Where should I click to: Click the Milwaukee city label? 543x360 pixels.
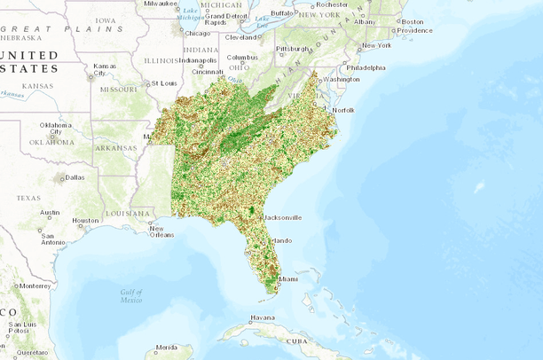tap(160, 4)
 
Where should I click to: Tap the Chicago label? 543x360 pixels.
tap(198, 34)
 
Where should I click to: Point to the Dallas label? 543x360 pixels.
tap(75, 176)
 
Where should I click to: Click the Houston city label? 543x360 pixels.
tap(86, 220)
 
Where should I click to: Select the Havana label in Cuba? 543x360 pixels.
tap(263, 317)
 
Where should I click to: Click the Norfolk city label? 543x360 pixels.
tap(342, 109)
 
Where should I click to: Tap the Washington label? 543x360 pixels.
tap(342, 79)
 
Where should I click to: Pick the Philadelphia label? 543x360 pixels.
tap(366, 67)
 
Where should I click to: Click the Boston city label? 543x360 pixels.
tap(413, 21)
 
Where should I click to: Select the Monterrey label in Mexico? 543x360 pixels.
tap(34, 286)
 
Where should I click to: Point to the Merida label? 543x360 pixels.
tap(167, 347)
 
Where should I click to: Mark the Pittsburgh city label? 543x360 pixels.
tap(293, 48)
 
